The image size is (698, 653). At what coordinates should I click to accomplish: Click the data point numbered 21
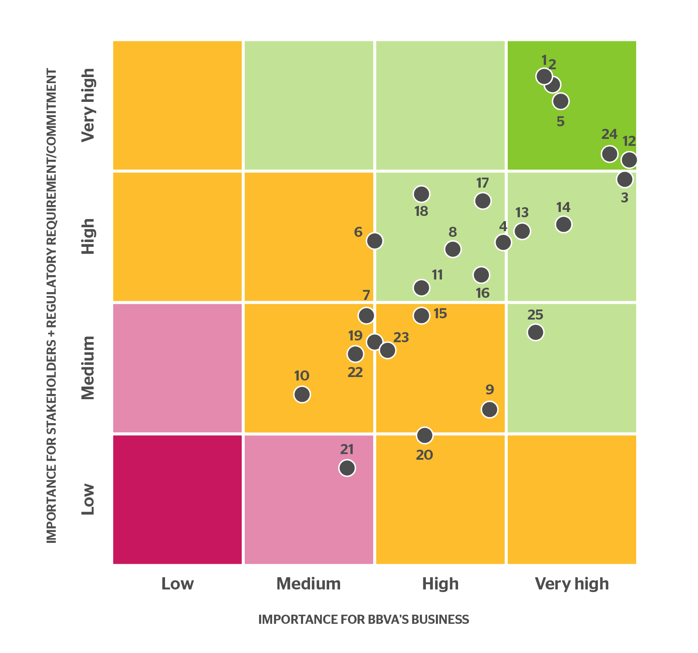(347, 468)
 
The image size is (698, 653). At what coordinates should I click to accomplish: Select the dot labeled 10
(302, 394)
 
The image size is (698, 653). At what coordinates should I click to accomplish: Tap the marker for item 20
(425, 435)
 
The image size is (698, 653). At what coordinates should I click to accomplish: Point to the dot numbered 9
(489, 409)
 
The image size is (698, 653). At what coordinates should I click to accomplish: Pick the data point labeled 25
(536, 332)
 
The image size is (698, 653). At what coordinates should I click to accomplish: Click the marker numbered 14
(563, 224)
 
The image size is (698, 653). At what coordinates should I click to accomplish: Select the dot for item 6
(374, 240)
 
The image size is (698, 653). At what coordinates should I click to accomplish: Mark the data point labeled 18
(421, 194)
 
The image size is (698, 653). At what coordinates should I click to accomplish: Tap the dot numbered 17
(482, 201)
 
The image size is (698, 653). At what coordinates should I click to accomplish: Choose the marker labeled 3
(624, 179)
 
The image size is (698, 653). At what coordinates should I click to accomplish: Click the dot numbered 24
(610, 154)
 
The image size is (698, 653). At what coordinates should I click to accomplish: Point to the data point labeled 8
(453, 249)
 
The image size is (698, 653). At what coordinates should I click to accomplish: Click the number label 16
(482, 293)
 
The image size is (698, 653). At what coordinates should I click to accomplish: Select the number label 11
(437, 275)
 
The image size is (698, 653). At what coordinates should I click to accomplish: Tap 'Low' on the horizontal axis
(177, 584)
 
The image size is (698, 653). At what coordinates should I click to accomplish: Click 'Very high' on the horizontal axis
(572, 584)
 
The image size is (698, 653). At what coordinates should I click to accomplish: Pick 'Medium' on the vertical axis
(88, 368)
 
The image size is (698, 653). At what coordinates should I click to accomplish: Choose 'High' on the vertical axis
(88, 236)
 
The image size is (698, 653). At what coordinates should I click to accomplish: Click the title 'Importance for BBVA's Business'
(364, 619)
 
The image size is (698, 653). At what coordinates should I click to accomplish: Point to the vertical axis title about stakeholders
(52, 305)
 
